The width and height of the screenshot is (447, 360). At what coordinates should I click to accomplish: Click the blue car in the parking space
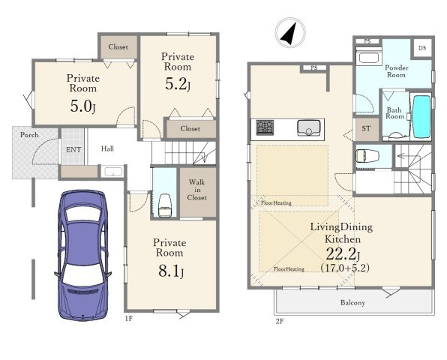pos(82,256)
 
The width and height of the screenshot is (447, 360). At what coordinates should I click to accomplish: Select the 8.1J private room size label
pos(171,271)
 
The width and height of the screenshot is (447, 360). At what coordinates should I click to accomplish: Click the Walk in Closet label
pos(197,190)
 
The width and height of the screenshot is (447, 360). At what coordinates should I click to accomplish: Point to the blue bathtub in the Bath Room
pos(421,117)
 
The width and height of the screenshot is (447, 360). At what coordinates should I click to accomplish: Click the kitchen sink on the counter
pos(309,127)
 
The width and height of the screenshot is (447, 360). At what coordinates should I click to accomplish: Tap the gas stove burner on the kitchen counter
pos(265,127)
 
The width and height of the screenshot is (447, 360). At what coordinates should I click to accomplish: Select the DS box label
pos(422,48)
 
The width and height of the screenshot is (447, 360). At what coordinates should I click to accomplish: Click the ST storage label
pos(366,128)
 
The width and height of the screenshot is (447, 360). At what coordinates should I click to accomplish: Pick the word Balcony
pos(352,303)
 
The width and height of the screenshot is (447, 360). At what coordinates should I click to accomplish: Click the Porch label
pos(29,135)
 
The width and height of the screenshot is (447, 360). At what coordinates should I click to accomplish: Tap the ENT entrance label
pos(73,150)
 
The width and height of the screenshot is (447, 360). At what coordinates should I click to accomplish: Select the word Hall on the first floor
pos(107,148)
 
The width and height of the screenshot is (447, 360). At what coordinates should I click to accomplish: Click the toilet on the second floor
pos(367,156)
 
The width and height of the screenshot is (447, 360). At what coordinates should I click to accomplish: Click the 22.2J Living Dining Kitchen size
pos(343,254)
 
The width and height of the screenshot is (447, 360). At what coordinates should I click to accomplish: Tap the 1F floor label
pos(129,318)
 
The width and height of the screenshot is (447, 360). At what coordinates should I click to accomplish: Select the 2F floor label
pos(280,321)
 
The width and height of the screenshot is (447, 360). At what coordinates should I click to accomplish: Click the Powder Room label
pos(397,71)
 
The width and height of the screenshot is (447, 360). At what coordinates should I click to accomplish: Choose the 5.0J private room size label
pos(82,106)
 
